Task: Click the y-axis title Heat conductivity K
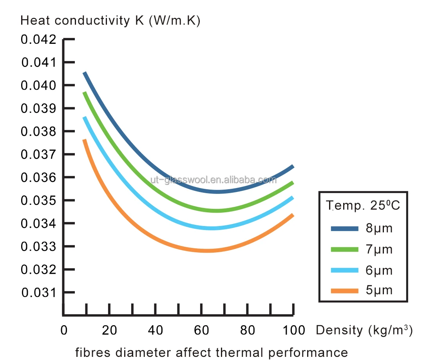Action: (x=110, y=21)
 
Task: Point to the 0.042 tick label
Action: (x=38, y=40)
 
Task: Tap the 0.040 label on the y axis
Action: (x=38, y=85)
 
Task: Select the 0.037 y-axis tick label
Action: (x=38, y=154)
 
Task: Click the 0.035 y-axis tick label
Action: (x=38, y=201)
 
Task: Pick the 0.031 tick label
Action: (x=38, y=293)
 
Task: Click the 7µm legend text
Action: (x=378, y=249)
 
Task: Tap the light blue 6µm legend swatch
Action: (x=345, y=270)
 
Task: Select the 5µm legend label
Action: (x=378, y=290)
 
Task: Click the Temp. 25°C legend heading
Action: (x=364, y=205)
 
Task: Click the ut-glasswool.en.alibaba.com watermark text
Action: (x=213, y=180)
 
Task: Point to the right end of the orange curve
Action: (x=292, y=215)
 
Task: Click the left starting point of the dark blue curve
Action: (x=84, y=73)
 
